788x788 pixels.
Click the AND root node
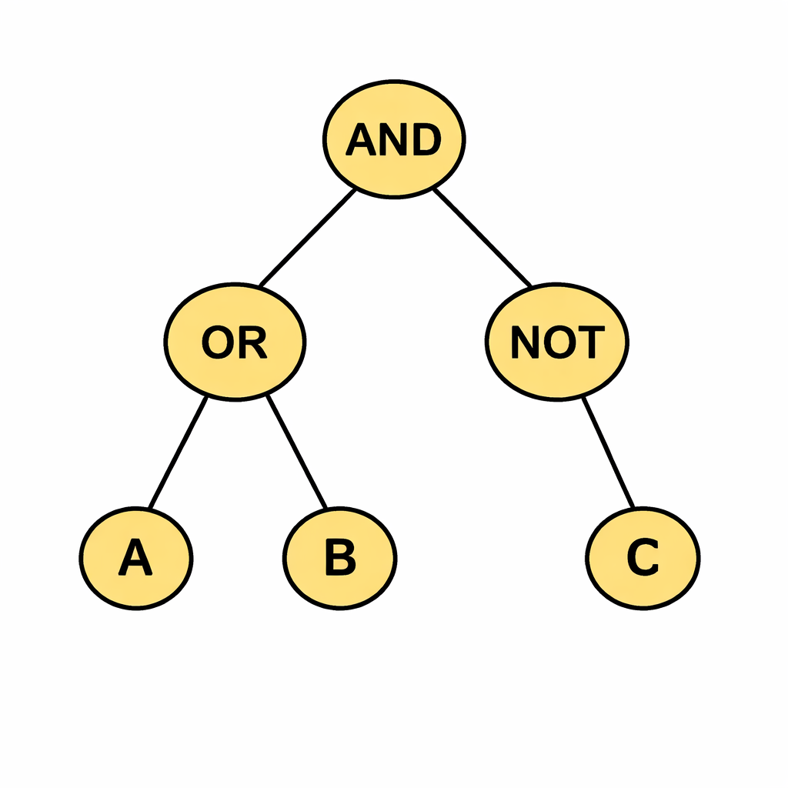(393, 139)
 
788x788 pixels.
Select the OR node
(235, 342)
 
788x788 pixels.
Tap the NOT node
(557, 342)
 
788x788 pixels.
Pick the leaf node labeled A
(136, 559)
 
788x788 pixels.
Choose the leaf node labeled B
(339, 559)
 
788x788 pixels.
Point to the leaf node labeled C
(643, 559)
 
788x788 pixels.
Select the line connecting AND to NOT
(482, 238)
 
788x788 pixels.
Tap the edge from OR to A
(178, 452)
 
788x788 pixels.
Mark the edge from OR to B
(297, 452)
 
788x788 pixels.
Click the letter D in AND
(426, 140)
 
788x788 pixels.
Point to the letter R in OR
(252, 342)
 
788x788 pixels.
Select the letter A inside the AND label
(362, 140)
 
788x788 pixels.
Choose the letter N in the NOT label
(526, 342)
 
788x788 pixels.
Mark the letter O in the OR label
(218, 342)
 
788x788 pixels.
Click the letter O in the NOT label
(558, 342)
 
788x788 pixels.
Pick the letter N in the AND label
(393, 140)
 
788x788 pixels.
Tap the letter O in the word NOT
(558, 342)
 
